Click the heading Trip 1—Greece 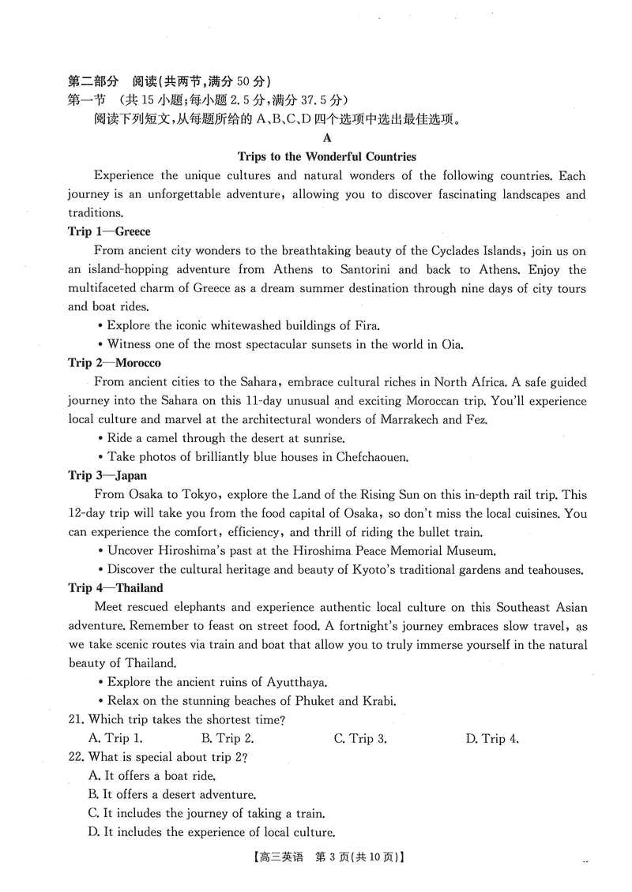(109, 232)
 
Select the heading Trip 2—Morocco (115, 363)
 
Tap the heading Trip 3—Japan (107, 475)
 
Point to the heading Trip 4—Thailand (115, 588)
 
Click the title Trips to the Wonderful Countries (327, 156)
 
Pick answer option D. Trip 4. (491, 739)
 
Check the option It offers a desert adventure (172, 795)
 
